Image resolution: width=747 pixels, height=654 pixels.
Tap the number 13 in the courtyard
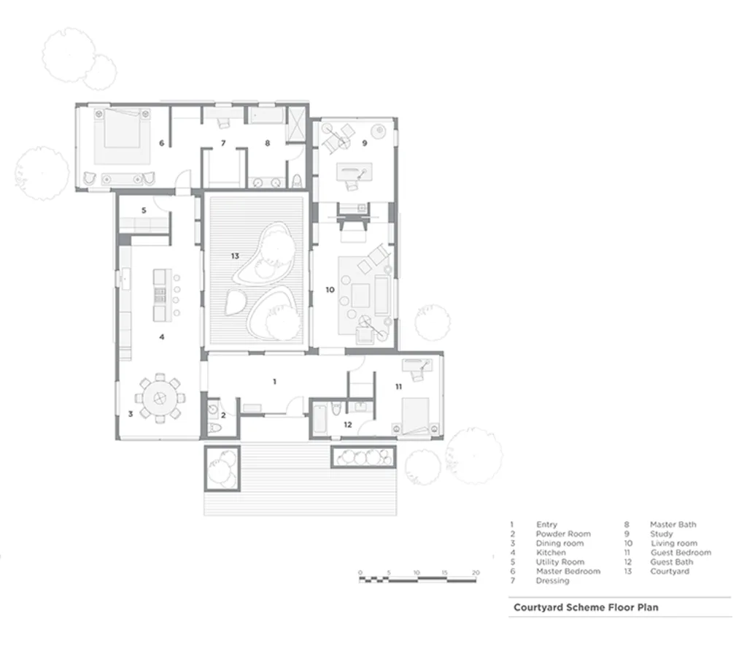(x=235, y=255)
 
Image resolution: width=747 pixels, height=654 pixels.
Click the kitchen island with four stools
(x=160, y=295)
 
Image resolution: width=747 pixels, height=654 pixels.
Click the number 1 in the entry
(x=274, y=382)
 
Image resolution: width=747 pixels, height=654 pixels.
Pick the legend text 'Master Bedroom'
(x=568, y=572)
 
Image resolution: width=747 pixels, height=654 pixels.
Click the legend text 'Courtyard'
(x=669, y=572)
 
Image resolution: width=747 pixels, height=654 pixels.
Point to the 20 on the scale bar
(x=475, y=572)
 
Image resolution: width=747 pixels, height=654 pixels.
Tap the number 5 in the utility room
(x=144, y=210)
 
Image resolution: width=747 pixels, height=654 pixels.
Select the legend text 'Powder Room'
(x=563, y=534)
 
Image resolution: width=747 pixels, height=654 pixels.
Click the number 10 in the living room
(x=330, y=290)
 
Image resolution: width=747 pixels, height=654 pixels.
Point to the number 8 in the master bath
(x=267, y=143)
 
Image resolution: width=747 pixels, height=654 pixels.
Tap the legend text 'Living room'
(x=673, y=543)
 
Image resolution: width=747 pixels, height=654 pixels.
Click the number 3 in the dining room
(x=130, y=414)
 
